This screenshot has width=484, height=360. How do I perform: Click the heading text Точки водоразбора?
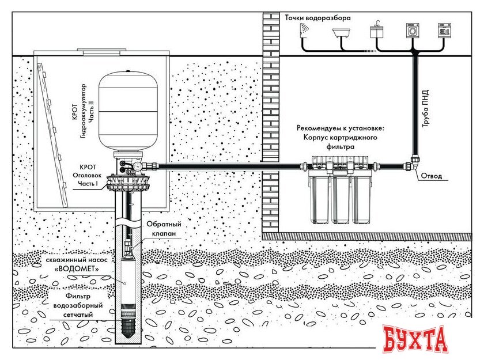[317, 17]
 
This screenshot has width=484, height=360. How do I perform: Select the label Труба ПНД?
[426, 110]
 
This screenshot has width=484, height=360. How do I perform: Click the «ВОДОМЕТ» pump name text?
[73, 268]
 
